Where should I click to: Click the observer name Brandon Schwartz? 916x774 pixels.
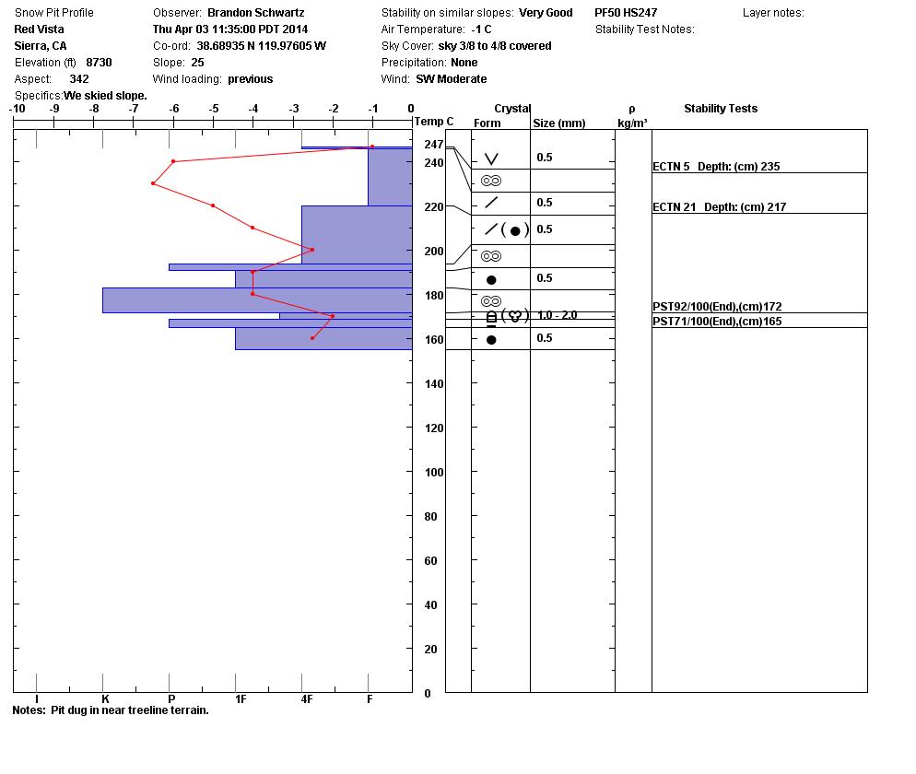tap(256, 13)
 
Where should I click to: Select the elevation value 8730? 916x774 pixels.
tap(99, 63)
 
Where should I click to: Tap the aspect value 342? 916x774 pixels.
tap(79, 79)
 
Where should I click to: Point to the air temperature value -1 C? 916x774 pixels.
tap(481, 29)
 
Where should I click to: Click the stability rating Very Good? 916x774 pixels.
tap(546, 13)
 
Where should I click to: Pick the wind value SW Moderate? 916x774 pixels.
tap(451, 79)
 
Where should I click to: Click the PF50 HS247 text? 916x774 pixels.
tap(626, 13)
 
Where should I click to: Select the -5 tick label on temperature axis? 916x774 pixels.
tap(214, 109)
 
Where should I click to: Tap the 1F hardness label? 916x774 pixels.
tap(241, 699)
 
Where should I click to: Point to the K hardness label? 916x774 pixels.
tap(105, 699)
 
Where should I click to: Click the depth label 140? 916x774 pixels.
tap(434, 384)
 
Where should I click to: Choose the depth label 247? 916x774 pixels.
tap(434, 145)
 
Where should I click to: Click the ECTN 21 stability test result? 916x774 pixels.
tap(719, 206)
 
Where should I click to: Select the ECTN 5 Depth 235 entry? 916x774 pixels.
tap(716, 167)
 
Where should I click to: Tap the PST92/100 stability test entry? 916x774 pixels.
tap(717, 307)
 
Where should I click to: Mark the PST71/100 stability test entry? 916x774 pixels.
tap(717, 322)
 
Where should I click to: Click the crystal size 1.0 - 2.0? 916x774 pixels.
tap(557, 315)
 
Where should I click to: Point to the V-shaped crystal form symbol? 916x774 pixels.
tap(492, 158)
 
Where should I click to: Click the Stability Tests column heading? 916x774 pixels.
tap(721, 109)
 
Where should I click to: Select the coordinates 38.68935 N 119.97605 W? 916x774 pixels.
tap(261, 45)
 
